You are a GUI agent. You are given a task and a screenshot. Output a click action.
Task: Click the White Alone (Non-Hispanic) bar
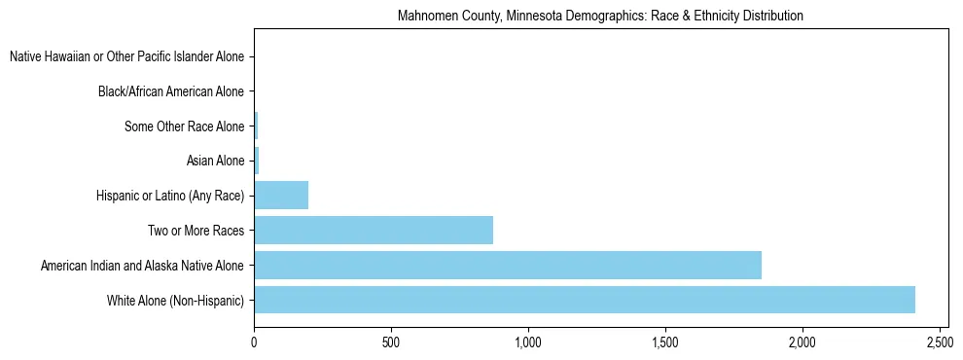[584, 300]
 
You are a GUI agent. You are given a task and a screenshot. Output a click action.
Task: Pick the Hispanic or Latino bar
[281, 196]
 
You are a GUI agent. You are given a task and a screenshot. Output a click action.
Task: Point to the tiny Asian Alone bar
[257, 161]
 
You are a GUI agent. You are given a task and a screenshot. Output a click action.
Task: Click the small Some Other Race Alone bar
[256, 126]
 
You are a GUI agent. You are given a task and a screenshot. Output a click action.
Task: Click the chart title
[600, 17]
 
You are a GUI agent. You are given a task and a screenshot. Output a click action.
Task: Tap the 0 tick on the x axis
[254, 343]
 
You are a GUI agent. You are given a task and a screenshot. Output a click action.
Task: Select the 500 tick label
[391, 343]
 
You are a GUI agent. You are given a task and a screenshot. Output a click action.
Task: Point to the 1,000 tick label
[528, 343]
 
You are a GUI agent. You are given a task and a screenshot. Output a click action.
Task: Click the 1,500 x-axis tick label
[665, 343]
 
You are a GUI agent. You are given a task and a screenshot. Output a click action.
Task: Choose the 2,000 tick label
[802, 343]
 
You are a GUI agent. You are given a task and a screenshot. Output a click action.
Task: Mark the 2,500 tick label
[940, 343]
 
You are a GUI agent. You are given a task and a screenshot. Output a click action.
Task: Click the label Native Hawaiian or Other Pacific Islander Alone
[126, 57]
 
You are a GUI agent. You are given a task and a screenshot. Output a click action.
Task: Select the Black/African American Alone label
[171, 92]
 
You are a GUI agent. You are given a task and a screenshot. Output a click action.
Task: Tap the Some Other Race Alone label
[185, 126]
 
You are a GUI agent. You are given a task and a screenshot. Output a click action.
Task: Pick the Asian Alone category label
[215, 161]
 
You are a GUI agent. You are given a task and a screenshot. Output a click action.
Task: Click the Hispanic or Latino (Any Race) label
[170, 196]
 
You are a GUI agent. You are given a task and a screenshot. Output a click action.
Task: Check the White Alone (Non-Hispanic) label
[175, 300]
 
